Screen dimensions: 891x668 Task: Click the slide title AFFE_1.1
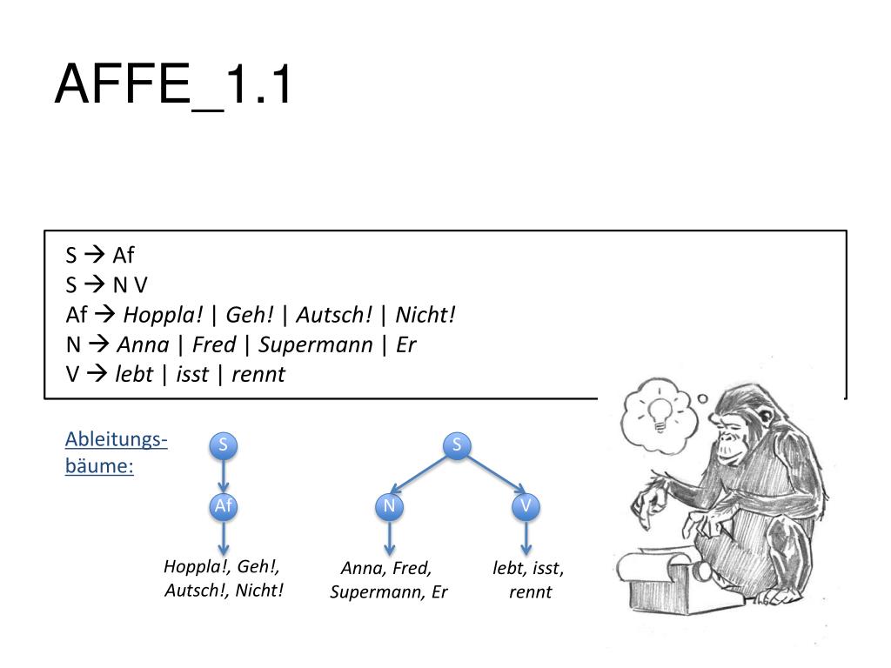[x=173, y=86]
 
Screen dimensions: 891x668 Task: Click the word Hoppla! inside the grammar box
[x=162, y=315]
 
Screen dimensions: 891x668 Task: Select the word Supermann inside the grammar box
[x=316, y=344]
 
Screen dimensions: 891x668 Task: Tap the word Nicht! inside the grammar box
[x=425, y=315]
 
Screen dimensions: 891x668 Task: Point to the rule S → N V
[x=107, y=284]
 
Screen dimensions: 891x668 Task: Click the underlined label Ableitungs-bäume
[x=116, y=452]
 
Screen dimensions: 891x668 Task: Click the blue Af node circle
[x=224, y=506]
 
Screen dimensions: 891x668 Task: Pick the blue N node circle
[x=389, y=506]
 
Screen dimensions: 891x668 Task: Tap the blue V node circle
[x=526, y=506]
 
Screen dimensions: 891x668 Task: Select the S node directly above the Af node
[x=224, y=446]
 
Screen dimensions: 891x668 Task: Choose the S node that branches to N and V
[x=457, y=446]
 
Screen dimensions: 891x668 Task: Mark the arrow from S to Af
[x=224, y=476]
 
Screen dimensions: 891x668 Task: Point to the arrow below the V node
[x=526, y=538]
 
